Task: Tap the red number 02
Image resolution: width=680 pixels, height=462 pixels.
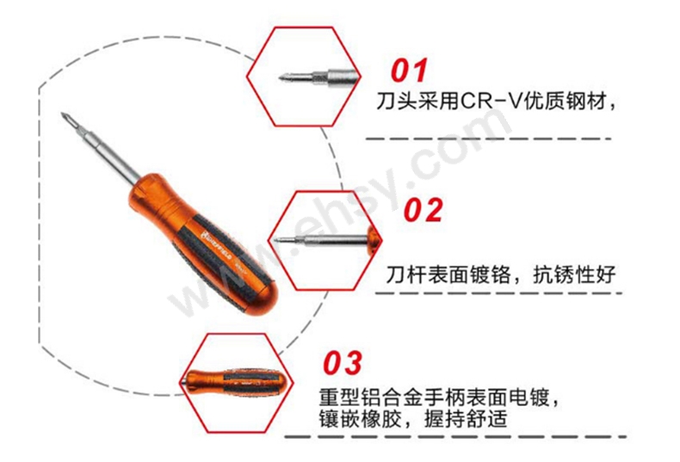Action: [423, 210]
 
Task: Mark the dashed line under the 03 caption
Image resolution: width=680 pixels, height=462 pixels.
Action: [456, 439]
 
